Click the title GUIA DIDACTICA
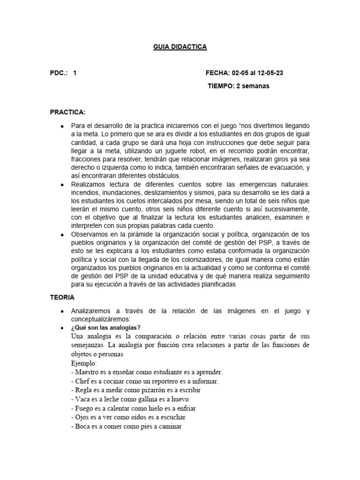180,47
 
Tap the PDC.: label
59,73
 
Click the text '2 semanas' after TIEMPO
253,86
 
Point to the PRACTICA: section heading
67,112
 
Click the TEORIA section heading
62,297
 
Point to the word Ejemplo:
83,363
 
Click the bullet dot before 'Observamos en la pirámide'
62,234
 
